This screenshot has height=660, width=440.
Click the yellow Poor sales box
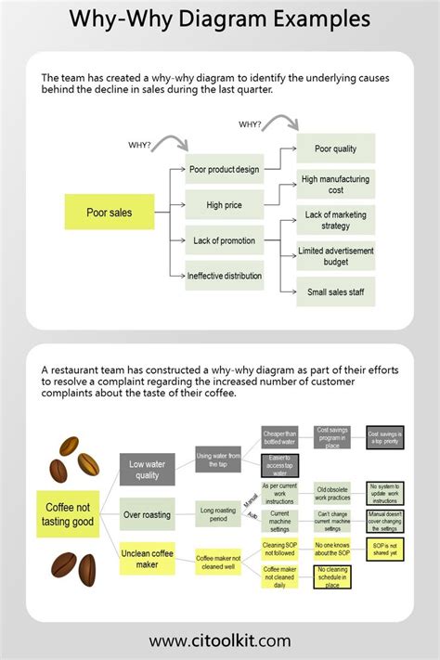tap(109, 213)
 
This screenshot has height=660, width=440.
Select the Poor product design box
tap(224, 170)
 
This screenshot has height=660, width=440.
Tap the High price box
tap(224, 204)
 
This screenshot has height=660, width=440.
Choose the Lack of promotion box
tap(224, 240)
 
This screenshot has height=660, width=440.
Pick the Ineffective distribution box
tap(224, 276)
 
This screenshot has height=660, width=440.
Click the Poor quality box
tap(335, 149)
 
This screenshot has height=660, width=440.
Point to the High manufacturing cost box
tap(335, 184)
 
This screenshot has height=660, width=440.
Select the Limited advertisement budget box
tap(335, 256)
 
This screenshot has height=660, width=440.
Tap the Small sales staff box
tap(335, 291)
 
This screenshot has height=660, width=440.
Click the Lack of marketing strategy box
tap(335, 220)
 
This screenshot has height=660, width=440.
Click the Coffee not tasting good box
tap(70, 513)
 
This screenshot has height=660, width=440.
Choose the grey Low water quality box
tap(148, 470)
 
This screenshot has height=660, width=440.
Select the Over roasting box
tap(148, 513)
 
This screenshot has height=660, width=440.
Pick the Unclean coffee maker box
tap(148, 559)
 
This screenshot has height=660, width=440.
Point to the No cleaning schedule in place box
tap(332, 576)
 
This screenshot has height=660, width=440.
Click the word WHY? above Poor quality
tap(250, 123)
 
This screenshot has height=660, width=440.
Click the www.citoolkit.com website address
tap(220, 641)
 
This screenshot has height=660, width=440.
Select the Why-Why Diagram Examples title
tap(220, 19)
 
